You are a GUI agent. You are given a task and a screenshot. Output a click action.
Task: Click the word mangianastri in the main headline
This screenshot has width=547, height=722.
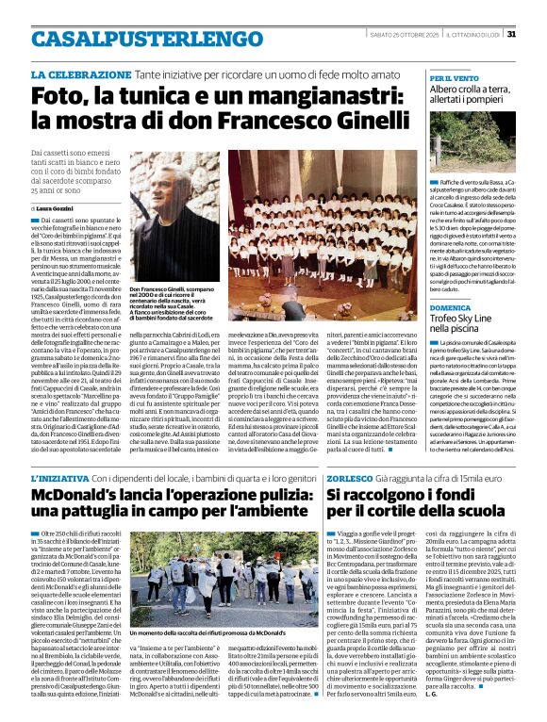(310, 97)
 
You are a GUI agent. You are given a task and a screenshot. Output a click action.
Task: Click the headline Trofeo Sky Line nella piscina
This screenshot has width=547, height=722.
(471, 326)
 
